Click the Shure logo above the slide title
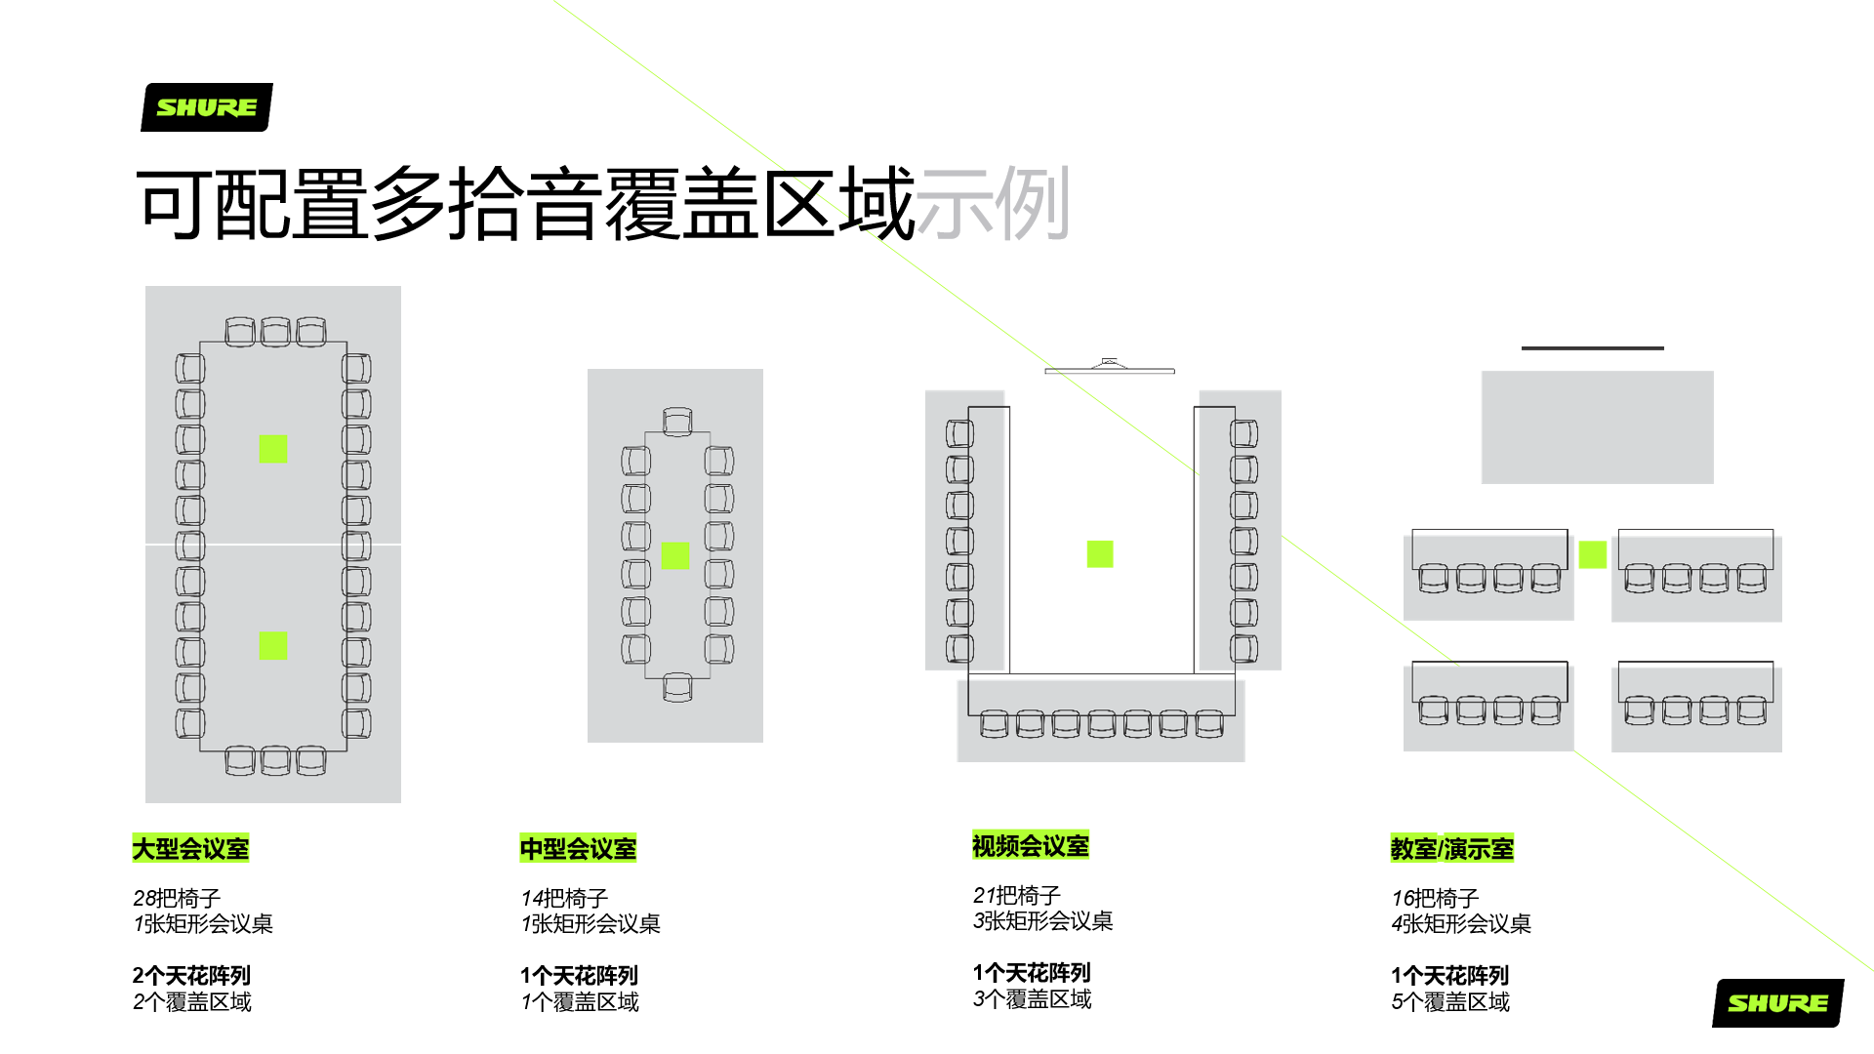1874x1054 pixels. pos(207,107)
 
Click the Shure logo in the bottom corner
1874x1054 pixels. pos(1778,1003)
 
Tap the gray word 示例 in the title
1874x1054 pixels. pos(994,204)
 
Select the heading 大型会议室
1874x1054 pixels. pos(190,848)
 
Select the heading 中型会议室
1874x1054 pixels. pos(578,848)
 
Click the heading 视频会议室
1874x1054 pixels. pos(1031,845)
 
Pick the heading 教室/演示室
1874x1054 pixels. pos(1452,848)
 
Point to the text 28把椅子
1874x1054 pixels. pos(177,898)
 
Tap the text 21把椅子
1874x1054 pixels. pos(1017,895)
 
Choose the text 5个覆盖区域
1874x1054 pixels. pos(1450,1002)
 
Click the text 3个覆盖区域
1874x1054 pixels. pos(1033,999)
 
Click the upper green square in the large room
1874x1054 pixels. pos(273,449)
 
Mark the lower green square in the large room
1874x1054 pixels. pos(273,645)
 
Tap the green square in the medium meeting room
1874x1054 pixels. pos(675,555)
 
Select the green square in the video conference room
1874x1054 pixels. pos(1100,554)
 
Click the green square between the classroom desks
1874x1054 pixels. pos(1593,554)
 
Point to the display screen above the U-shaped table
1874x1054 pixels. pos(1110,368)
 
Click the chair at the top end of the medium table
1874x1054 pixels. pos(677,422)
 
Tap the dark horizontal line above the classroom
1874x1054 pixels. pos(1593,347)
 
